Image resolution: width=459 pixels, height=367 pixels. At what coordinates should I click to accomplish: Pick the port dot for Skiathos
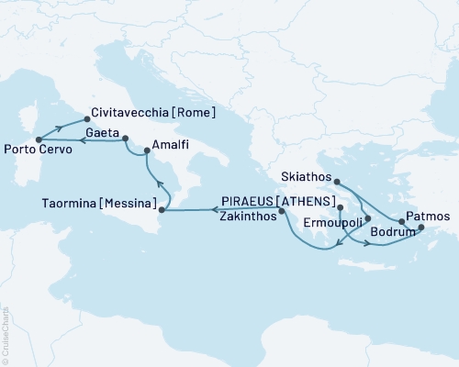pos(337,182)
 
